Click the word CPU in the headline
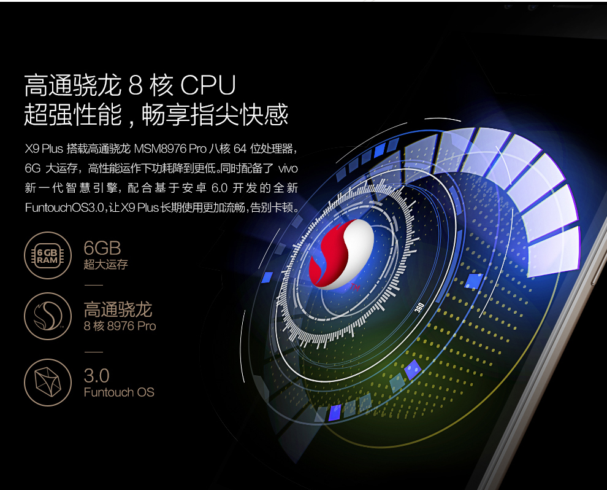coord(208,85)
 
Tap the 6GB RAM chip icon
coord(48,256)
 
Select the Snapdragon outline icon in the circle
coord(48,316)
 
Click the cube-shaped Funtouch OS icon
coord(48,382)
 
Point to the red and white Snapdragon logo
coord(342,254)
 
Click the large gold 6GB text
coord(102,248)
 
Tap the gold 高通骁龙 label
coord(118,309)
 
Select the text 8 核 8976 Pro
coord(120,326)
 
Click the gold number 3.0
coord(96,376)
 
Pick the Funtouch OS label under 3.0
coord(119,392)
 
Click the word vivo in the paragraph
coord(288,169)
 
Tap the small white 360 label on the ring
coord(419,308)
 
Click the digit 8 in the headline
coord(136,85)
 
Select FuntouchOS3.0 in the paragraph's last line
coord(64,208)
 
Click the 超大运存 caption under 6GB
coord(105,265)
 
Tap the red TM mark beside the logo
coord(355,287)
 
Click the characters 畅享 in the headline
coord(166,115)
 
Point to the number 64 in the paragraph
coord(240,149)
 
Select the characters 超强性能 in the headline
coord(73,115)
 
